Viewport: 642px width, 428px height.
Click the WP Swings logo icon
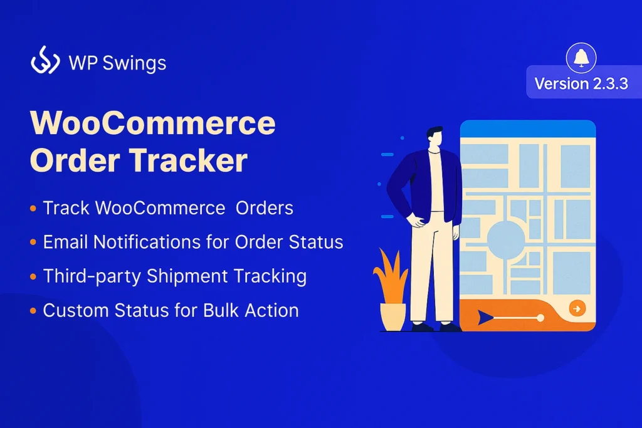(45, 62)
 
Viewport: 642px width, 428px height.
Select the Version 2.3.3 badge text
(581, 84)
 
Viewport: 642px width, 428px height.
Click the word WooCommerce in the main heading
(153, 124)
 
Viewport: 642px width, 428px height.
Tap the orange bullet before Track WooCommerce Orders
(33, 209)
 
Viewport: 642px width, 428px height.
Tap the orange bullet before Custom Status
(33, 311)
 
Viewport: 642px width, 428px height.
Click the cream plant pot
(393, 316)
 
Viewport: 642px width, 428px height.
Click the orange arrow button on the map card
(576, 308)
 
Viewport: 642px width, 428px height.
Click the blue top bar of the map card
(527, 128)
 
